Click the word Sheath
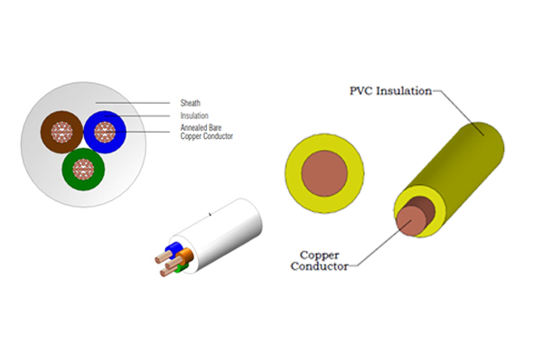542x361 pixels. click(192, 103)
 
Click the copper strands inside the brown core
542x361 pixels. click(61, 133)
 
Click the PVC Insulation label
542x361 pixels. click(387, 90)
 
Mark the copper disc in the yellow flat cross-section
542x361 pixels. click(323, 171)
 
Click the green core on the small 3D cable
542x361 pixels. click(181, 265)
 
